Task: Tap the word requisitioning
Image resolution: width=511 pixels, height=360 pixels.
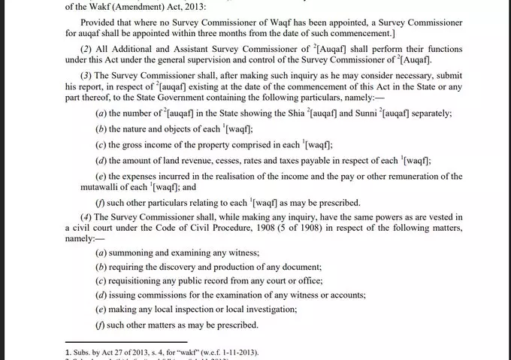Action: point(141,281)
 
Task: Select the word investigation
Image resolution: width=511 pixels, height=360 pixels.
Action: point(268,310)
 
